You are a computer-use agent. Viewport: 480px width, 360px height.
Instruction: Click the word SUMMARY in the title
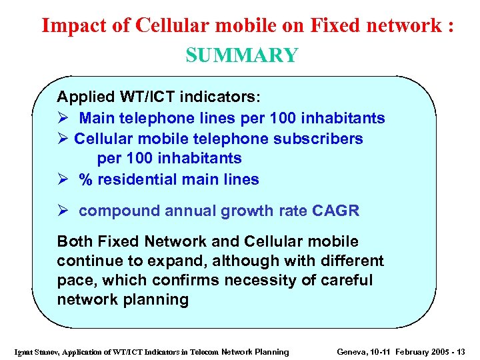pos(241,55)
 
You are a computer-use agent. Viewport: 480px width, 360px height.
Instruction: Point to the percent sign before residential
pos(85,179)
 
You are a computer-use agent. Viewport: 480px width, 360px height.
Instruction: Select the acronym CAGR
pos(335,211)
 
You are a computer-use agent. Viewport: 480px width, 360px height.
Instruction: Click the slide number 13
pos(461,352)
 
